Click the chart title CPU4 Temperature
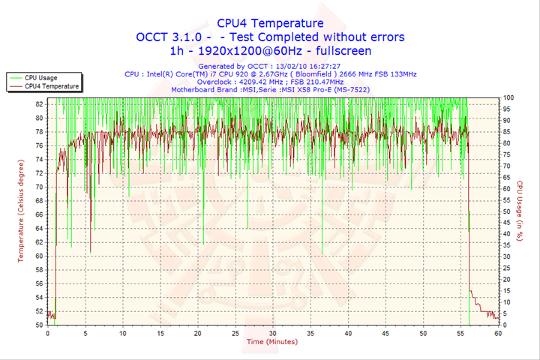tap(270, 23)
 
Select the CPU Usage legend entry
tap(40, 77)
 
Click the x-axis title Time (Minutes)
tap(271, 341)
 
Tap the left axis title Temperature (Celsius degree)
tap(21, 211)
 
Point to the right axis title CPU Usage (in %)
tap(518, 211)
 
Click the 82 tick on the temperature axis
tap(38, 105)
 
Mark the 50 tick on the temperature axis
tap(38, 325)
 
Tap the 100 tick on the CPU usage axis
tap(508, 97)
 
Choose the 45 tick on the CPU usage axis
tap(507, 223)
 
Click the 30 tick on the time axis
tap(272, 333)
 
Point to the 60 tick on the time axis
tap(498, 333)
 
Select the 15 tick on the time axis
tap(160, 333)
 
